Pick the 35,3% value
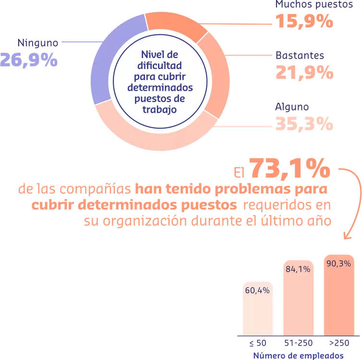coord(304,124)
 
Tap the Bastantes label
coord(300,56)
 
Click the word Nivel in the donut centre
coord(147,54)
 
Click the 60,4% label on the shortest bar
coord(257,290)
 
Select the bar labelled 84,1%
coord(298,302)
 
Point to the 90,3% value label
coord(339,264)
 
